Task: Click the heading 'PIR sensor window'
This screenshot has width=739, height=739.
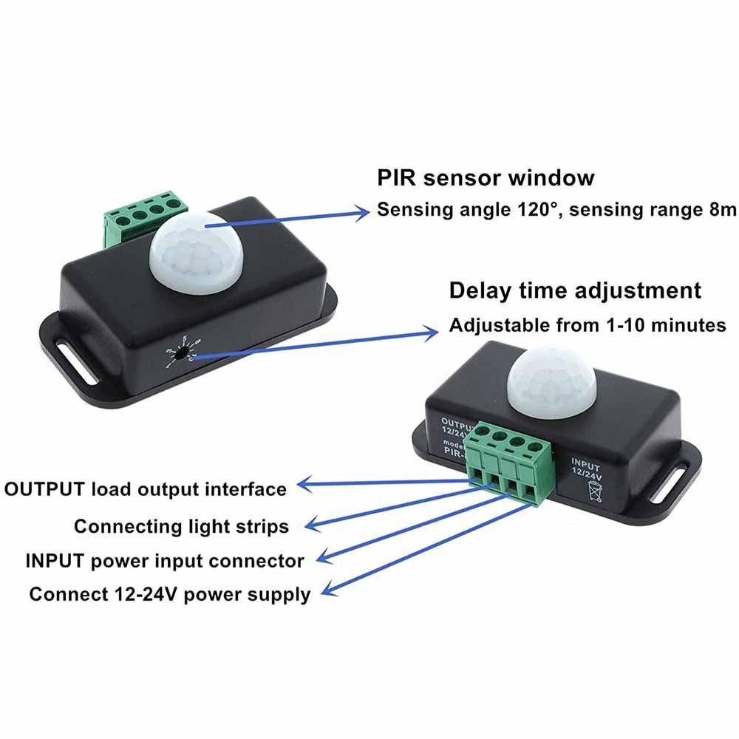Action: [x=486, y=178]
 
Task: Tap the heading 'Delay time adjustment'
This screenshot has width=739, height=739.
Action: [x=575, y=290]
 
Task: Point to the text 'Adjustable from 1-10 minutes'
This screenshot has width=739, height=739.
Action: [x=588, y=324]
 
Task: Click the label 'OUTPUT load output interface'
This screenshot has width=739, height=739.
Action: [x=146, y=488]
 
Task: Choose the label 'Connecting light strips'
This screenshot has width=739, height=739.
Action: [x=181, y=526]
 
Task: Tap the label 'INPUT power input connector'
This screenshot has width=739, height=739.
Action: [x=165, y=560]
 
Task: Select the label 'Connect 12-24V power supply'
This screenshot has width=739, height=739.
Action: [x=170, y=594]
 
